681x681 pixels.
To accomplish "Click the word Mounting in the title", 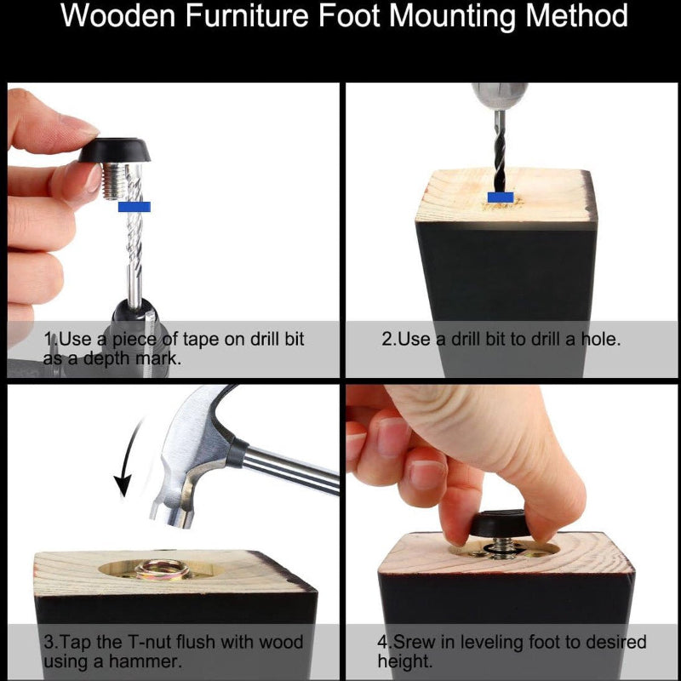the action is [x=453, y=17].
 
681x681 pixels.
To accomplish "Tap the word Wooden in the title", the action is [x=117, y=15].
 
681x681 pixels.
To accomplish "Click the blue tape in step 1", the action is [x=134, y=207].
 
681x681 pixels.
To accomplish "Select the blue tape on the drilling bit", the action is [x=501, y=197].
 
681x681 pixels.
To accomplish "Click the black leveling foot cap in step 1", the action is [x=114, y=150].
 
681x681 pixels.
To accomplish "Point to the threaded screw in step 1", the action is [x=115, y=180].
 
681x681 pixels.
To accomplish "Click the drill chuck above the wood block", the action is [x=500, y=96].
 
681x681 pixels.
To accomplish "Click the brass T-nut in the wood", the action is [x=163, y=569].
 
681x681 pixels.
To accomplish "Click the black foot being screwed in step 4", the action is [x=498, y=524].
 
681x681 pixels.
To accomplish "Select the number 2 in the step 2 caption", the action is [x=386, y=339].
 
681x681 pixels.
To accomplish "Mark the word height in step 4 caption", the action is [x=403, y=662].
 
